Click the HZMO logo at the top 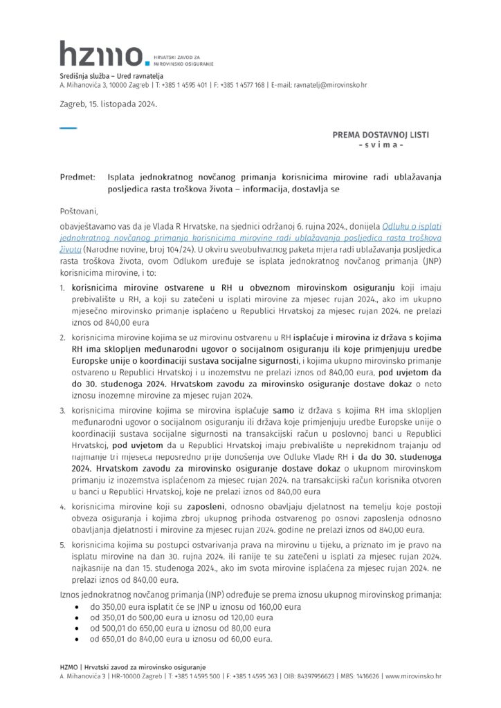point(102,54)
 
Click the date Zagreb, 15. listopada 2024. point(108,104)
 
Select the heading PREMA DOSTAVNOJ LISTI point(381,135)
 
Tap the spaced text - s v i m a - point(381,145)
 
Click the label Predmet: point(77,177)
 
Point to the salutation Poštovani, point(79,211)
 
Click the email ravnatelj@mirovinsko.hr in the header point(330,85)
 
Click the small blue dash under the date point(68,128)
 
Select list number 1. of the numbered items point(62,286)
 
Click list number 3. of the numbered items point(62,410)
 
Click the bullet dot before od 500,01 point(76,628)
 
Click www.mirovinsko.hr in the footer point(413,676)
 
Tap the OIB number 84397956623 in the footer point(318,676)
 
